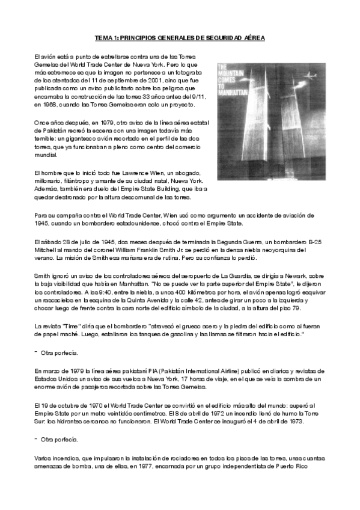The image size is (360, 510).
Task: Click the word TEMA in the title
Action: [105, 37]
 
